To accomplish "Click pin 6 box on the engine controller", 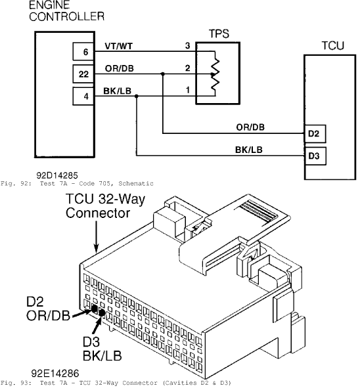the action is coord(83,51).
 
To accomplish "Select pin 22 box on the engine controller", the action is coord(83,74).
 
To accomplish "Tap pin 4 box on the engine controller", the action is coord(83,96).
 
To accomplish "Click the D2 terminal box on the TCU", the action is coord(315,134).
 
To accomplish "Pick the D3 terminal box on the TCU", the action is coord(315,156).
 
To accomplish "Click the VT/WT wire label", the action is coord(119,46).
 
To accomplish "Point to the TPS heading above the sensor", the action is coord(219,34).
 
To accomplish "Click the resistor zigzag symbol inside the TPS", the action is coord(215,74).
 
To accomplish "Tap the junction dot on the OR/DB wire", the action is coord(162,74).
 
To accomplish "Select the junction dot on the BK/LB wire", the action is coord(137,96).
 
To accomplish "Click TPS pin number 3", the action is coord(188,46).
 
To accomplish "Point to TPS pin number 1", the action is coord(188,90).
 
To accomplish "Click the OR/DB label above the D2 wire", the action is coord(250,127).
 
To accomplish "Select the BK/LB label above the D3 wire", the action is coord(248,150).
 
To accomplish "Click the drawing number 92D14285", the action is coord(57,175).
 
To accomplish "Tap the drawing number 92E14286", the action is coord(55,374).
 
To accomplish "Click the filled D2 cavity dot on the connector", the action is coord(94,308).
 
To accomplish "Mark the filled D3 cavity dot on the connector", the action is coord(102,313).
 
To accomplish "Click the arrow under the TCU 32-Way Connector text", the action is coord(96,236).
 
